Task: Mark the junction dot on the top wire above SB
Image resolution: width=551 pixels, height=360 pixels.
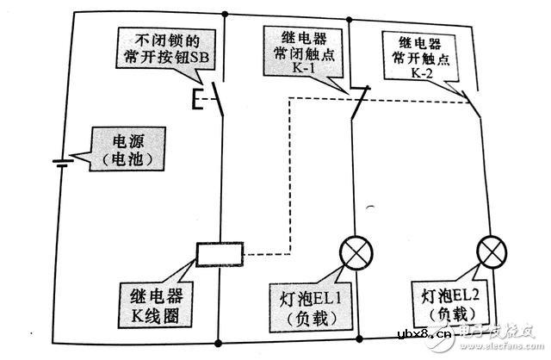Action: [x=224, y=15]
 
